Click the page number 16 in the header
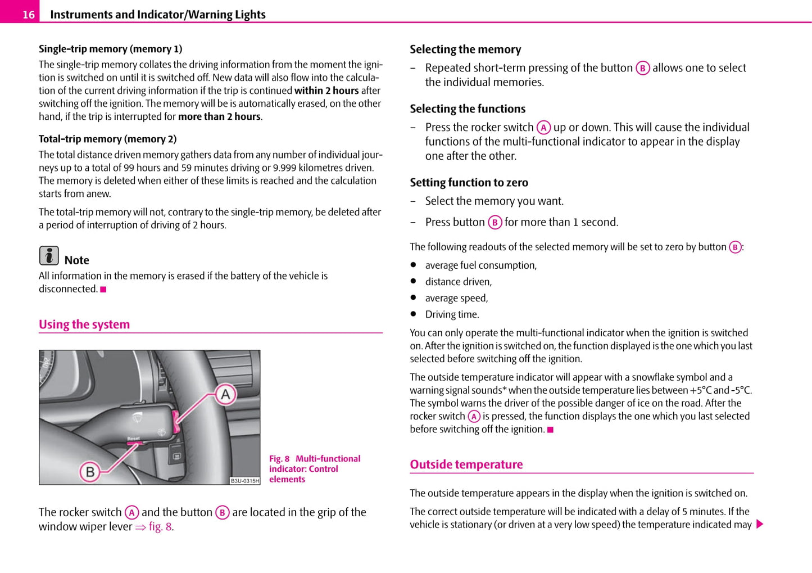click(28, 15)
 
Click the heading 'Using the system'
click(84, 324)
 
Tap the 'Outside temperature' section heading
click(466, 464)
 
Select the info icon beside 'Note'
click(49, 256)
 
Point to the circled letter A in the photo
click(225, 394)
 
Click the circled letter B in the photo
click(90, 471)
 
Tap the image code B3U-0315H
click(245, 481)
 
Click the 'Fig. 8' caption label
click(279, 459)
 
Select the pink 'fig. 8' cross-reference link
click(160, 527)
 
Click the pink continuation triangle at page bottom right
click(760, 525)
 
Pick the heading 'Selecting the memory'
click(465, 49)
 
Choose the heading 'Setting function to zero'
click(469, 183)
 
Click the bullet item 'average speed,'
click(456, 298)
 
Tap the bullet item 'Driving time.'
click(452, 314)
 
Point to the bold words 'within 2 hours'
click(326, 91)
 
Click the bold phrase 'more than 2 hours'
click(219, 116)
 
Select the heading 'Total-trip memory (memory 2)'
click(107, 139)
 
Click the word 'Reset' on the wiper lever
click(134, 439)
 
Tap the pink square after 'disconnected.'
click(103, 290)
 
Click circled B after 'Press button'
click(495, 223)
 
